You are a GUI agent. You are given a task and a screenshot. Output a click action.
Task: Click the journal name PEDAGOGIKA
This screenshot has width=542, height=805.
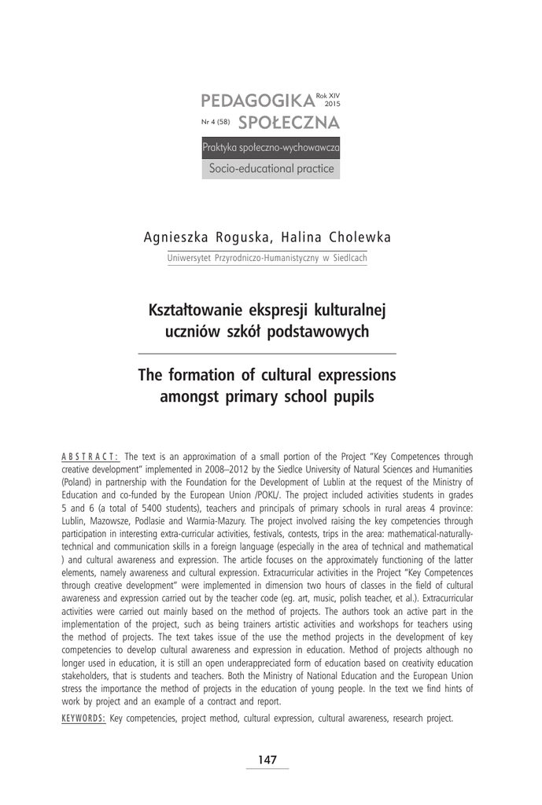(256, 101)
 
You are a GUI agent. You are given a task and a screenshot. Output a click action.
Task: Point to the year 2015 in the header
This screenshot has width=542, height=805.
(332, 103)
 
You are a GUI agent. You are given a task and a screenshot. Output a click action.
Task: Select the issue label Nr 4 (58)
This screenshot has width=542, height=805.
(216, 123)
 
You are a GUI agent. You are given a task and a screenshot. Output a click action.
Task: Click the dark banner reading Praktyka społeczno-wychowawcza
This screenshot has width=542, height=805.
(271, 147)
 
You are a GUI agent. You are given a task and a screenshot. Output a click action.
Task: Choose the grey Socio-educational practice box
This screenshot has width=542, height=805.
(271, 168)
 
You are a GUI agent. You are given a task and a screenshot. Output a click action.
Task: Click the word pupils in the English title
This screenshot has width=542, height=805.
(352, 397)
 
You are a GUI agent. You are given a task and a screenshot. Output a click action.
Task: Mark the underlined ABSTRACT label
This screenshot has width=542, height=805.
(89, 456)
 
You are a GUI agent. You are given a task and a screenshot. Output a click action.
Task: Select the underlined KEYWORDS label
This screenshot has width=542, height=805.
(83, 718)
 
